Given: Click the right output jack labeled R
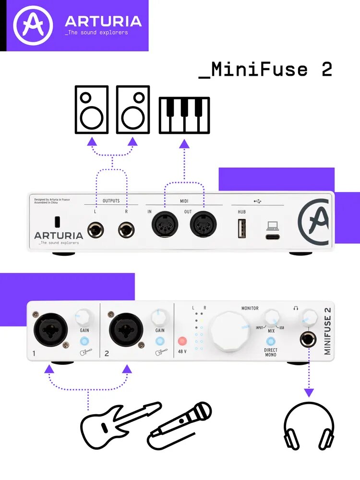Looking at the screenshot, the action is pyautogui.click(x=127, y=229).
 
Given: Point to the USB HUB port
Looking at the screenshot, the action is pyautogui.click(x=241, y=228).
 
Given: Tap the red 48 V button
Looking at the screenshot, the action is pyautogui.click(x=182, y=342).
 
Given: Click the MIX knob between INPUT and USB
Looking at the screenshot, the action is pyautogui.click(x=271, y=318).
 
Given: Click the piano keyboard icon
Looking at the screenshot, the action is pyautogui.click(x=184, y=115).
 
